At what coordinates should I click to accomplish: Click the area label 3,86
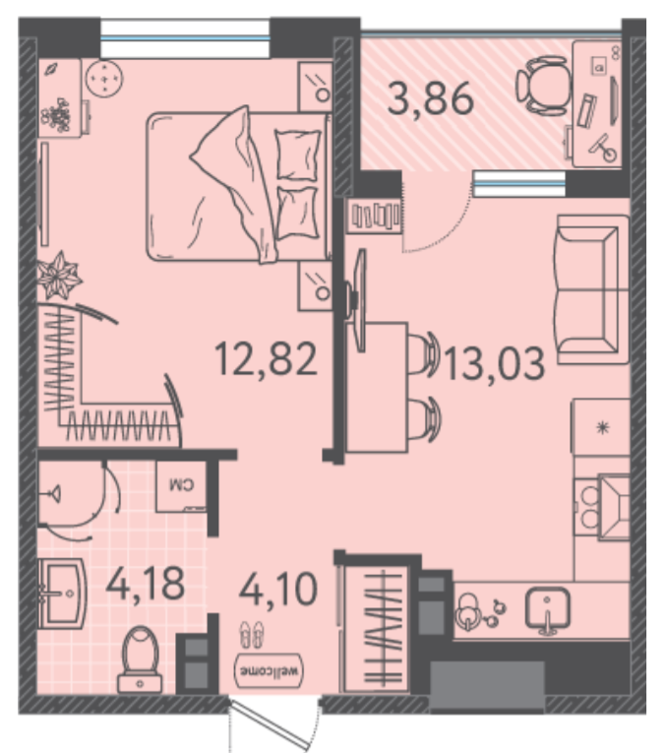click(x=430, y=99)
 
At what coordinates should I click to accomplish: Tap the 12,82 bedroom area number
click(x=266, y=358)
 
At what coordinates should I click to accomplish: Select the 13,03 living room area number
click(x=494, y=363)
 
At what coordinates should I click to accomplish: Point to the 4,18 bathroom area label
click(x=145, y=584)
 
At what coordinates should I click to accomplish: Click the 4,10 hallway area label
click(x=277, y=589)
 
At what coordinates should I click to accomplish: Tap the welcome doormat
click(x=270, y=670)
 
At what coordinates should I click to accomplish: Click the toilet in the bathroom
click(x=140, y=659)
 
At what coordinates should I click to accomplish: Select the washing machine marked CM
click(x=181, y=485)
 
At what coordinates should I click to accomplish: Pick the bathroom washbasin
click(x=61, y=594)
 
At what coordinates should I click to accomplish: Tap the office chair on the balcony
click(x=543, y=86)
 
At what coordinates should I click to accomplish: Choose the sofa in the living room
click(x=593, y=289)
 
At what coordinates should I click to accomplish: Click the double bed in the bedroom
click(x=238, y=186)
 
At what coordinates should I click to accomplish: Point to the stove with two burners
click(x=602, y=507)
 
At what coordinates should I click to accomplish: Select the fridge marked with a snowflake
click(x=601, y=426)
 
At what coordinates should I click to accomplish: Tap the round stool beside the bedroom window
click(x=104, y=78)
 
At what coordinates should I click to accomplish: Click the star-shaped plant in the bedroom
click(x=58, y=276)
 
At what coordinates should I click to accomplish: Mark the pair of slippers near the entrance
click(x=253, y=634)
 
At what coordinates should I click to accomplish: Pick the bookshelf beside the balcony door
click(x=375, y=216)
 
